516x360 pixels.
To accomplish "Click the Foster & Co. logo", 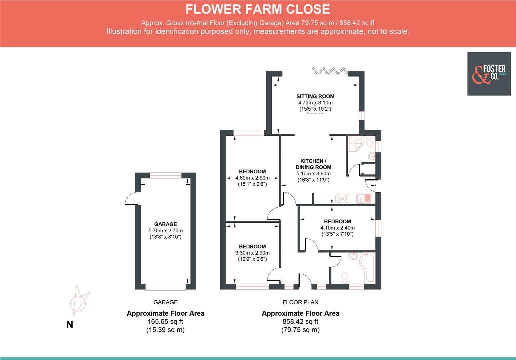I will click(489, 74).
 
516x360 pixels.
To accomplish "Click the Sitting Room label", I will click(315, 96).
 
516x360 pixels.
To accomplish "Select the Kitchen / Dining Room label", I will click(313, 164).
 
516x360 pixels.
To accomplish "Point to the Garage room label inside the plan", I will click(165, 224).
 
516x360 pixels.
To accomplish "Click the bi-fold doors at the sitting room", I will click(330, 70).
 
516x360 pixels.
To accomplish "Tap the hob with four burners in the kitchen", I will click(342, 199).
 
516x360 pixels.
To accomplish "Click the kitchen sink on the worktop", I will click(364, 199).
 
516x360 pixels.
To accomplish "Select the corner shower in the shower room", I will click(355, 144).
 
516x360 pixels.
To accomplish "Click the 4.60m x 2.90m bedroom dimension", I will click(252, 178).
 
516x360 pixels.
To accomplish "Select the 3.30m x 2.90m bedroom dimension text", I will click(252, 253).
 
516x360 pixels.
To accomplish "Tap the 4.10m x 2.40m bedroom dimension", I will click(337, 228).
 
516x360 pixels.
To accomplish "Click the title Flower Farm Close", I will click(258, 9).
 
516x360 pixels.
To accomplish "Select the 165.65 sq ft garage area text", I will click(165, 322).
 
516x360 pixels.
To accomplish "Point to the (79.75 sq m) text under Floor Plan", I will click(300, 330).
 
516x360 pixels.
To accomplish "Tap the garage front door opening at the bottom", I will click(166, 286).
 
